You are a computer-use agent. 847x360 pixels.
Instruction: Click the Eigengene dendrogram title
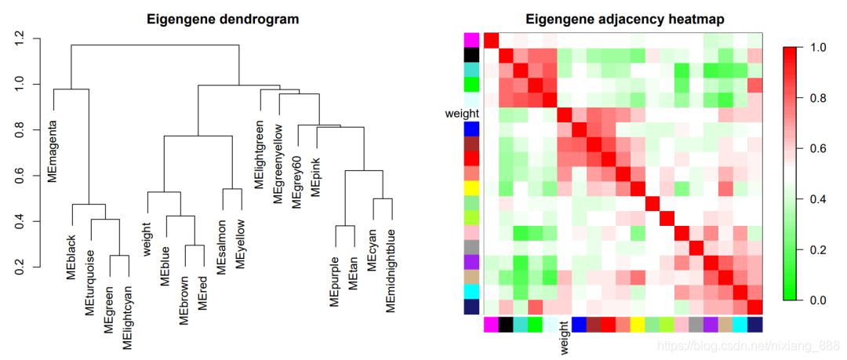click(x=223, y=18)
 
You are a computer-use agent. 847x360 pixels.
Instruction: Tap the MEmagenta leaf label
click(x=53, y=150)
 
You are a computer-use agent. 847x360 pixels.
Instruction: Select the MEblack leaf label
click(x=71, y=256)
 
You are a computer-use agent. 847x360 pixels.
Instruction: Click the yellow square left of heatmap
click(x=471, y=189)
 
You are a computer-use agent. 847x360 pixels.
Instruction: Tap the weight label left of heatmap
click(x=462, y=114)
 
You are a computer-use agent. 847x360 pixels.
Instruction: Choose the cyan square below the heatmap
click(x=740, y=324)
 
